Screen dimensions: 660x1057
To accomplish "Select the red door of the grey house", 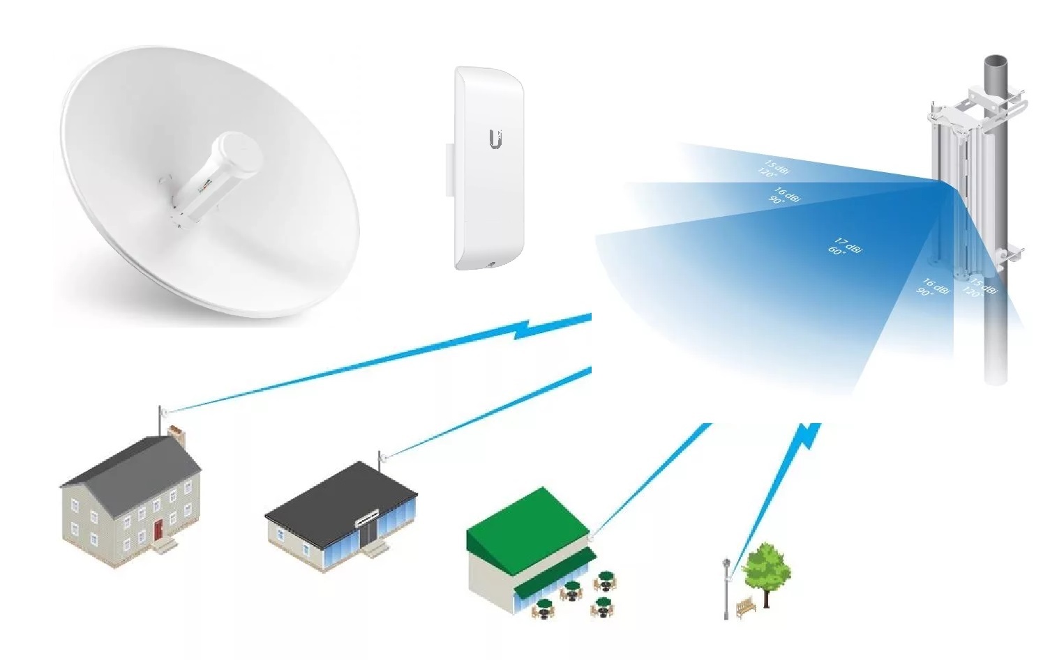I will (159, 528).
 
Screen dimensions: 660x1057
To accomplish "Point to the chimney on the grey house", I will (177, 436).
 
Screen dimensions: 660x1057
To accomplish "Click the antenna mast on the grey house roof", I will (161, 421).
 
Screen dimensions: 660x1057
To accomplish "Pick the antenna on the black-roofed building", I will (380, 461).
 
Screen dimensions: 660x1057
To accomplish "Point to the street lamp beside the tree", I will (726, 585).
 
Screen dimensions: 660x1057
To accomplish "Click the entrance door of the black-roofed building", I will (368, 533).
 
